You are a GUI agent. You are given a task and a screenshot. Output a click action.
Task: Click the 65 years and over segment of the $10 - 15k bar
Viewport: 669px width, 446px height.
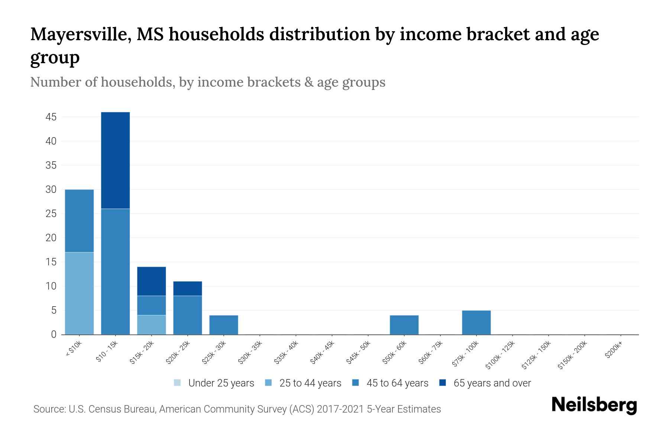[x=115, y=160]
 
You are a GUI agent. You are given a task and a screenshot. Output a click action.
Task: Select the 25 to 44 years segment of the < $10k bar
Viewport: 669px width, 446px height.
[x=79, y=293]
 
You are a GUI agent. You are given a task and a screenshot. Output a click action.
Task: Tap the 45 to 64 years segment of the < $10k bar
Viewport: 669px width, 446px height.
[x=79, y=221]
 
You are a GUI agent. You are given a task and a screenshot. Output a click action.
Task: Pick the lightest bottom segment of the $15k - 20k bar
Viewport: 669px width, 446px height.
[x=151, y=324]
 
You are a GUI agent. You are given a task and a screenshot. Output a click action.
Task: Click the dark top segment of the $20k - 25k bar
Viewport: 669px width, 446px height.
[x=187, y=288]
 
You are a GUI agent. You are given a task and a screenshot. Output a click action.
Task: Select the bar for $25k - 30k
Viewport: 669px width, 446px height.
[x=223, y=324]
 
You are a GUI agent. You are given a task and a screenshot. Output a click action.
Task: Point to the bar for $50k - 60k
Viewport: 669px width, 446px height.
[x=404, y=324]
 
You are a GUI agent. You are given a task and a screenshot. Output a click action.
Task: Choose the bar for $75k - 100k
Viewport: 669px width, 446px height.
[x=476, y=322]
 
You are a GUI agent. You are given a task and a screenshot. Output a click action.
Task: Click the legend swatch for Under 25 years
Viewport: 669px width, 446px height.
[x=178, y=383]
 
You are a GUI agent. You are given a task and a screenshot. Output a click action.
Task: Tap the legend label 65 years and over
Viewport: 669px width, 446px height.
[x=492, y=383]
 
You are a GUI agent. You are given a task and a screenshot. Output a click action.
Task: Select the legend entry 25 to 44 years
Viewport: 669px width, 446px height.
[x=310, y=383]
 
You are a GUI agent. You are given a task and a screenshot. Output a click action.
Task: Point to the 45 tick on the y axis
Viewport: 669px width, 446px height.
[x=51, y=117]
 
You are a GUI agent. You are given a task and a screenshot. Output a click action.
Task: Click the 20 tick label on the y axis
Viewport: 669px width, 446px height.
[x=51, y=238]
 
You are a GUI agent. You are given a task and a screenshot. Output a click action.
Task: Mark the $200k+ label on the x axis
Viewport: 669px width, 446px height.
[x=614, y=350]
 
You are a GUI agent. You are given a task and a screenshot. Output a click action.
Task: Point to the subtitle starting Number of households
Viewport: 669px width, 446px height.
[x=207, y=82]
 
